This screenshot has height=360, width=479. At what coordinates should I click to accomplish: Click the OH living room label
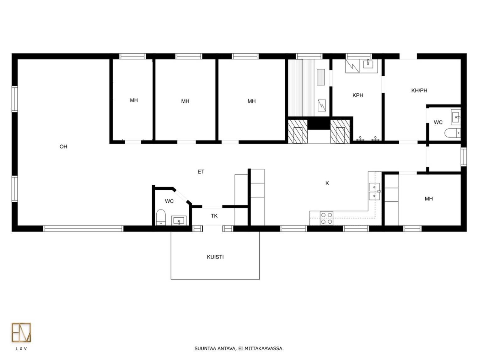pyautogui.click(x=63, y=146)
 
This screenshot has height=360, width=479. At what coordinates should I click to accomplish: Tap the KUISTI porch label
pyautogui.click(x=215, y=257)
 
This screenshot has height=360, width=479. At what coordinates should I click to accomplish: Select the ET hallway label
pyautogui.click(x=201, y=172)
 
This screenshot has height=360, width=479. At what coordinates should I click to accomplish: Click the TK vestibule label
pyautogui.click(x=214, y=216)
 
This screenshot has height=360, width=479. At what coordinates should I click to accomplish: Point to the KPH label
pyautogui.click(x=358, y=95)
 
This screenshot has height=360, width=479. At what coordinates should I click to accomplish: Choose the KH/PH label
pyautogui.click(x=419, y=90)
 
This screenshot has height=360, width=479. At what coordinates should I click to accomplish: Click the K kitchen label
pyautogui.click(x=327, y=183)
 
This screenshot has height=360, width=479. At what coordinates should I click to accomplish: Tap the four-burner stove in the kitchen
pyautogui.click(x=326, y=218)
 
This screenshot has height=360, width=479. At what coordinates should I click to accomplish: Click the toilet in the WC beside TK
pyautogui.click(x=161, y=217)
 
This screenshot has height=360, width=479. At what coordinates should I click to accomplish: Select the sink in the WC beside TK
pyautogui.click(x=179, y=221)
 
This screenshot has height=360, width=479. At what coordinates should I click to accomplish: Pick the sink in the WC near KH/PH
pyautogui.click(x=456, y=117)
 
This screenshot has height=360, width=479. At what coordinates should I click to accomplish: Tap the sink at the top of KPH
pyautogui.click(x=368, y=64)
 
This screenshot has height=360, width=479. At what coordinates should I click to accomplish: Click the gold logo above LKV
pyautogui.click(x=21, y=332)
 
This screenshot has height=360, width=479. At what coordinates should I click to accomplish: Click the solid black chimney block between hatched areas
pyautogui.click(x=319, y=123)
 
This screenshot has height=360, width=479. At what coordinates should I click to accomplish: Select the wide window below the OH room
pyautogui.click(x=83, y=229)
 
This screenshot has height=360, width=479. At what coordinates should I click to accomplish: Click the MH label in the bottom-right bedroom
pyautogui.click(x=428, y=199)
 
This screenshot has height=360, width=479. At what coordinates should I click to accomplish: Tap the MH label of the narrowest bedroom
pyautogui.click(x=134, y=100)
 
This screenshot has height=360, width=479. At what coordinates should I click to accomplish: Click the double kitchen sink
pyautogui.click(x=374, y=191)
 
